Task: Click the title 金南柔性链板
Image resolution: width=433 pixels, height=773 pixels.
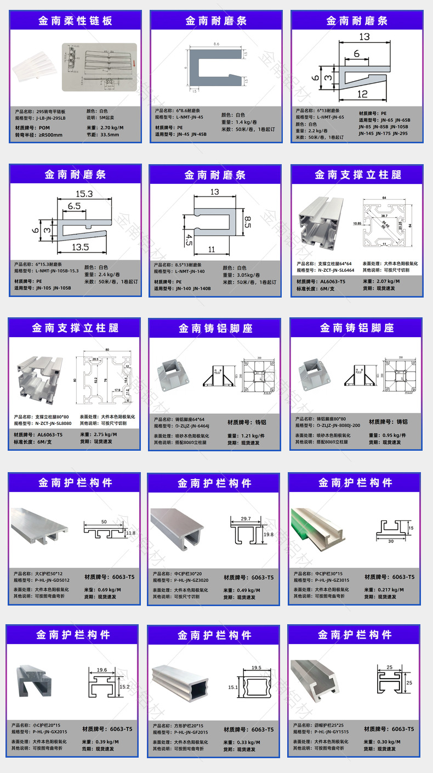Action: [75, 21]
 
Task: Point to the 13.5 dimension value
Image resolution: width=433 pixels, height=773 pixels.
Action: [79, 247]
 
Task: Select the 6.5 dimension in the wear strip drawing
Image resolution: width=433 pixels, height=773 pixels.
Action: [74, 206]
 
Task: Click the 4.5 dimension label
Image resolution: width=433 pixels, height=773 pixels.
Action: [189, 240]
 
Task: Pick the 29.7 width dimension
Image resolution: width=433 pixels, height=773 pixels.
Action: [246, 518]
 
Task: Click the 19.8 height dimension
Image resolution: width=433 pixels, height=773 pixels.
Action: [268, 534]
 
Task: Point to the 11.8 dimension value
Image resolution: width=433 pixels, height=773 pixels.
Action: [130, 533]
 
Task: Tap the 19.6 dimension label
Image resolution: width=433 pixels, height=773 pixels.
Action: [101, 670]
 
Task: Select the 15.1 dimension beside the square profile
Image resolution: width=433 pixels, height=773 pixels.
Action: [233, 687]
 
